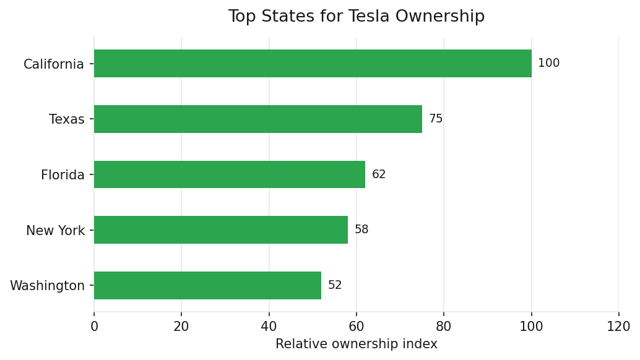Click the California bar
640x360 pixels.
click(x=313, y=63)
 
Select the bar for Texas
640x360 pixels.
click(x=258, y=119)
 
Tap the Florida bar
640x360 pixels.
click(x=230, y=174)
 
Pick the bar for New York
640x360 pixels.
click(x=221, y=229)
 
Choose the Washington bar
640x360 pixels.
click(x=207, y=285)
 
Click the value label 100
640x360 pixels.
click(x=548, y=63)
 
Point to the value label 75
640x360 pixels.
click(x=436, y=119)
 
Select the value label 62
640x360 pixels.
click(x=379, y=174)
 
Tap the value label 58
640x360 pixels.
click(x=361, y=229)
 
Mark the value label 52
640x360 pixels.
click(x=335, y=285)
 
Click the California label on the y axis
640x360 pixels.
click(x=54, y=64)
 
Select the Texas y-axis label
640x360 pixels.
click(x=67, y=119)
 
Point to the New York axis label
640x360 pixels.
click(x=56, y=231)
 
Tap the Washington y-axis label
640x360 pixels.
click(x=48, y=286)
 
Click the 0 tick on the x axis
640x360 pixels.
click(x=94, y=327)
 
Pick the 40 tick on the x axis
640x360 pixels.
click(x=269, y=327)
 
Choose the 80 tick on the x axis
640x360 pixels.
click(x=444, y=327)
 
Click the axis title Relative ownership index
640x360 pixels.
click(x=357, y=344)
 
